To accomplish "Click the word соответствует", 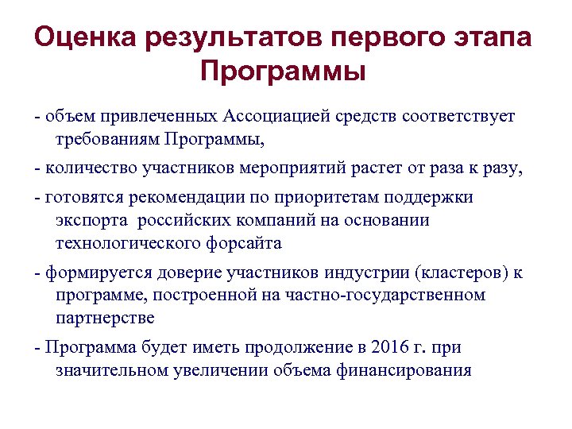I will [x=458, y=117].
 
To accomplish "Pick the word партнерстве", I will [x=106, y=319].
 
